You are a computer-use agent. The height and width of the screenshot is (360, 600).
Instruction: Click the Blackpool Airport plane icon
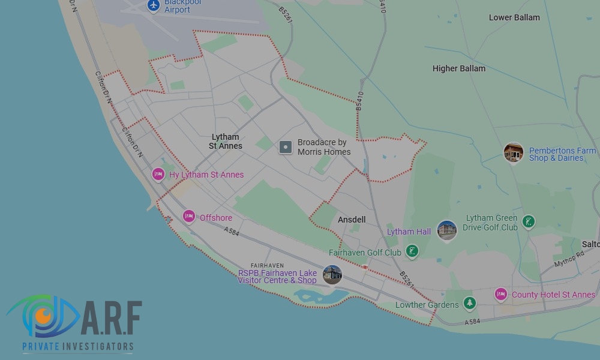(x=154, y=5)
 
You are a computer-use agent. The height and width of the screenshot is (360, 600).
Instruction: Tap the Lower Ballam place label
(x=514, y=17)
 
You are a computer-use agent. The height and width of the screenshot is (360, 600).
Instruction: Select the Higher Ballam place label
(x=458, y=68)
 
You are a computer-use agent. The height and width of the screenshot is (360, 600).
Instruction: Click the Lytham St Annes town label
(x=226, y=142)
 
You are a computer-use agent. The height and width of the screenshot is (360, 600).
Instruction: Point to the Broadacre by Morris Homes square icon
(x=286, y=147)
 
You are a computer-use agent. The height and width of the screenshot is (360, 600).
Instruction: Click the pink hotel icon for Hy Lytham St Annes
(x=158, y=175)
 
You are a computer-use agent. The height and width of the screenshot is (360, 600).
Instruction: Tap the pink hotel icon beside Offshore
(x=189, y=217)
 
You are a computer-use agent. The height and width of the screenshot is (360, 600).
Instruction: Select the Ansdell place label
(x=352, y=220)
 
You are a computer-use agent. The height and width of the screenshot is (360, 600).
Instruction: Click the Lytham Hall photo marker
(x=446, y=230)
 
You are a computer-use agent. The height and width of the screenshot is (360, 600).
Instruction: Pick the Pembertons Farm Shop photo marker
(x=513, y=152)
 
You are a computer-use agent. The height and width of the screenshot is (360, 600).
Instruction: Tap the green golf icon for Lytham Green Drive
(x=528, y=222)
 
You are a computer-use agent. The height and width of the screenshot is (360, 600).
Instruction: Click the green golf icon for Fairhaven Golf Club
(x=412, y=251)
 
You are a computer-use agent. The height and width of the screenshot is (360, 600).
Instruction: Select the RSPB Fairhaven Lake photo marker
(x=332, y=275)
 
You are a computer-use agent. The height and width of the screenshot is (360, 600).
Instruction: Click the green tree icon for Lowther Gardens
(x=470, y=304)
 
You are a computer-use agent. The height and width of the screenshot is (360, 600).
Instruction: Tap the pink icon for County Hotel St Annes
(x=500, y=294)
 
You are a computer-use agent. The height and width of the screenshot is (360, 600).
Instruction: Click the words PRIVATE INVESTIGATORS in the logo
(x=77, y=347)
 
